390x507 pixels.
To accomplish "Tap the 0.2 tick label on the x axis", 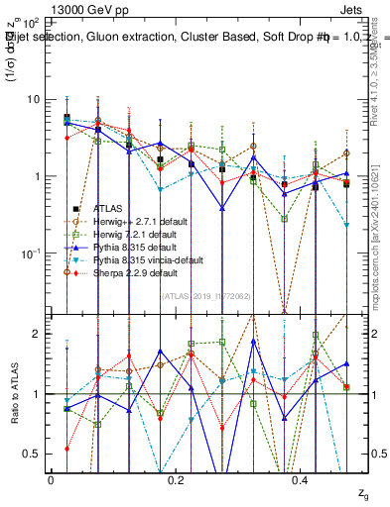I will pyautogui.click(x=177, y=478).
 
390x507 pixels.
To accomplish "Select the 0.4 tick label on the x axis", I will pyautogui.click(x=302, y=478).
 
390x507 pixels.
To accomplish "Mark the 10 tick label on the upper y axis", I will pyautogui.click(x=32, y=99).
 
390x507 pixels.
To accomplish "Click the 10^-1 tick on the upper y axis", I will pyautogui.click(x=30, y=253).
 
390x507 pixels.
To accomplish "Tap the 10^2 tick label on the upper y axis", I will pyautogui.click(x=30, y=22).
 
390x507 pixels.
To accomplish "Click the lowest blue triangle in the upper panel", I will pyautogui.click(x=221, y=209).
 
